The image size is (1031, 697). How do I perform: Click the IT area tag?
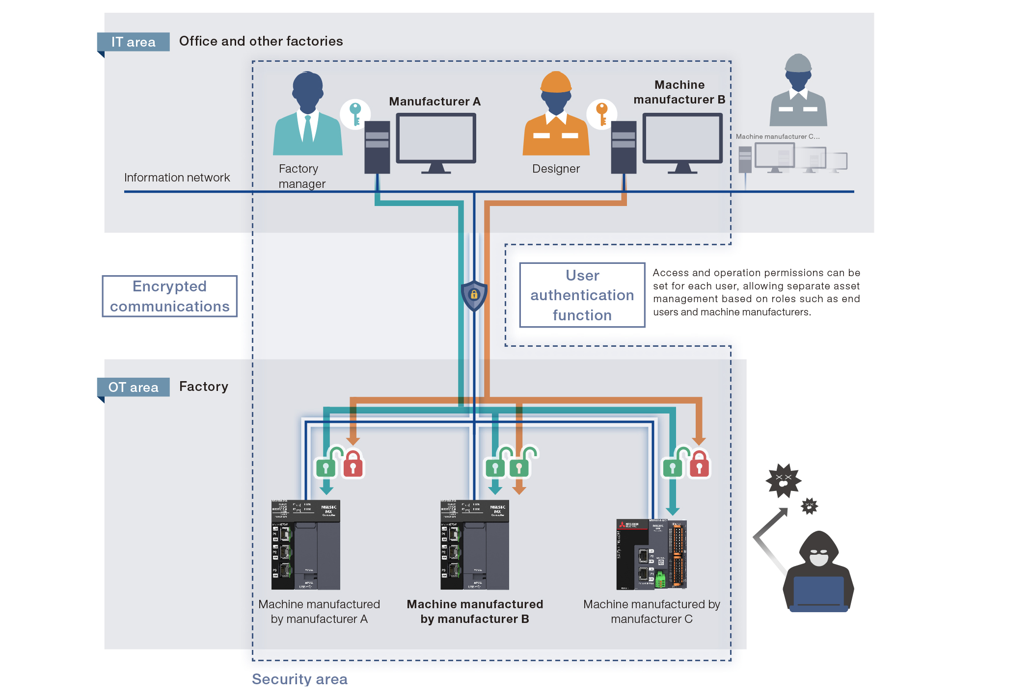click(x=133, y=42)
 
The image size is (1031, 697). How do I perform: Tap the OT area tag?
click(x=133, y=387)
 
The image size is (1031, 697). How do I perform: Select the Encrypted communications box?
click(x=169, y=296)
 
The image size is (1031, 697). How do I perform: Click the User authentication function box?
click(x=582, y=295)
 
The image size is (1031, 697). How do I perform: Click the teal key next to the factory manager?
click(x=355, y=113)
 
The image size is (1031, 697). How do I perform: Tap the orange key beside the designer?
click(x=602, y=113)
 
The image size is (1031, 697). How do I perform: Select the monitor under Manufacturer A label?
click(x=436, y=139)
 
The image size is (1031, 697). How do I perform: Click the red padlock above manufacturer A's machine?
click(x=353, y=465)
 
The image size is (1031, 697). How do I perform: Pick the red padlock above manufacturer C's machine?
click(x=699, y=465)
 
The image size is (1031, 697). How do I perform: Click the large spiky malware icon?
click(x=784, y=480)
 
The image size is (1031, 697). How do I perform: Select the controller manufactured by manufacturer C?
click(x=651, y=554)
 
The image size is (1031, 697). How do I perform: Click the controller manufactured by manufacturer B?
click(x=474, y=544)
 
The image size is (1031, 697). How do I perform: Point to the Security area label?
click(x=299, y=679)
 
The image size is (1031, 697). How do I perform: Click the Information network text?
click(x=177, y=178)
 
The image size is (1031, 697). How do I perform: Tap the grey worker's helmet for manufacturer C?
click(x=798, y=63)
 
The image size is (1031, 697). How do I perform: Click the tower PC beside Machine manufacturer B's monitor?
click(x=623, y=147)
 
